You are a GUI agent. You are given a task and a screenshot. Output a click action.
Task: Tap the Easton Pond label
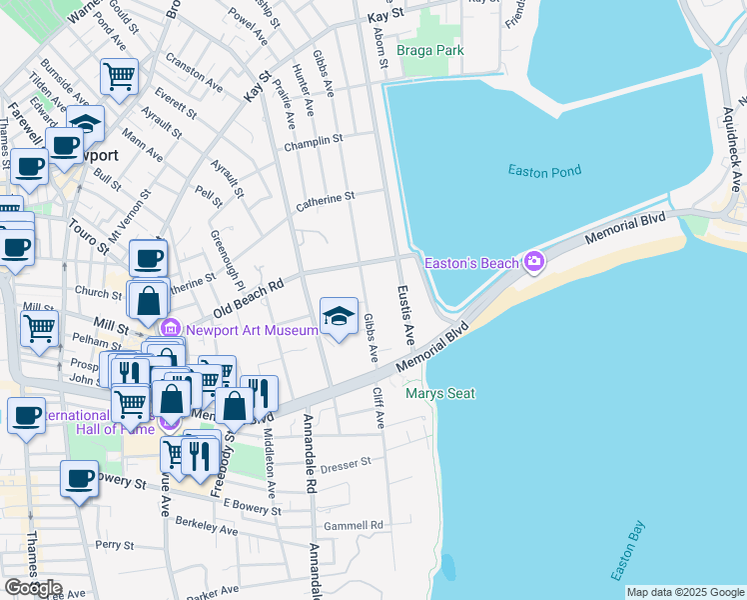coord(544,172)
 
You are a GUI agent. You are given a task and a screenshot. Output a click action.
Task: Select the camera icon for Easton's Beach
coord(534,262)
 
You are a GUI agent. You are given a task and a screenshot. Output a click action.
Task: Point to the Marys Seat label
coord(439,394)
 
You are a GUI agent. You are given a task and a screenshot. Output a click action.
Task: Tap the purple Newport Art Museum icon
coord(170,328)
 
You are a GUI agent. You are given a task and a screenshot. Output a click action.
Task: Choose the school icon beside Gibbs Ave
coord(339,316)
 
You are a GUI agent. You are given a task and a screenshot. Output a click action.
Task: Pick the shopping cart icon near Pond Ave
coord(119,75)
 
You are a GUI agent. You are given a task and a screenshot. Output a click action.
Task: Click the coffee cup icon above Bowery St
coord(79,478)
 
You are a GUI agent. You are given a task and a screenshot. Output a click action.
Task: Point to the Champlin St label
coord(313,141)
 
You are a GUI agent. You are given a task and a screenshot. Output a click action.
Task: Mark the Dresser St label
coord(346,463)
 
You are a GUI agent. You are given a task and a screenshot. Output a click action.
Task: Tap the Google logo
coord(33,588)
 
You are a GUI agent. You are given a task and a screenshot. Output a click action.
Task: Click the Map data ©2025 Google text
coord(684,592)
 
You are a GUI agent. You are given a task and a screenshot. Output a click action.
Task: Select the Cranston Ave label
coord(195,66)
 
